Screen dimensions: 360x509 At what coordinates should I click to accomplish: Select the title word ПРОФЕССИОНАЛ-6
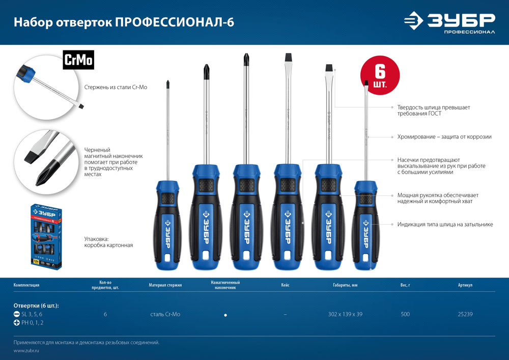[175, 22]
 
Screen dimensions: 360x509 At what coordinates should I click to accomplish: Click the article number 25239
[465, 314]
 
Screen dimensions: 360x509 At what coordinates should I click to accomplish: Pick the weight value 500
[405, 314]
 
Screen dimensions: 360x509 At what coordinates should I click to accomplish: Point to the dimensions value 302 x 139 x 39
[345, 314]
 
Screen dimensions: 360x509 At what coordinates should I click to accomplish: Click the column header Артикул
[465, 285]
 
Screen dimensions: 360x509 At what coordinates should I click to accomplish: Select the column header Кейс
[285, 285]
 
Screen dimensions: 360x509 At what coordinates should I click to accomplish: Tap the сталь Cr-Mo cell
[165, 314]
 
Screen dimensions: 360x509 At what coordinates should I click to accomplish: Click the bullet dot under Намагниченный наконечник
[225, 315]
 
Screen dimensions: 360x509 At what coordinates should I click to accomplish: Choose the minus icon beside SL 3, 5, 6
[17, 314]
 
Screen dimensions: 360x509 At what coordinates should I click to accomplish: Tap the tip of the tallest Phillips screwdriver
[245, 58]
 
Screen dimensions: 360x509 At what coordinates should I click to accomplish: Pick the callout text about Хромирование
[444, 137]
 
